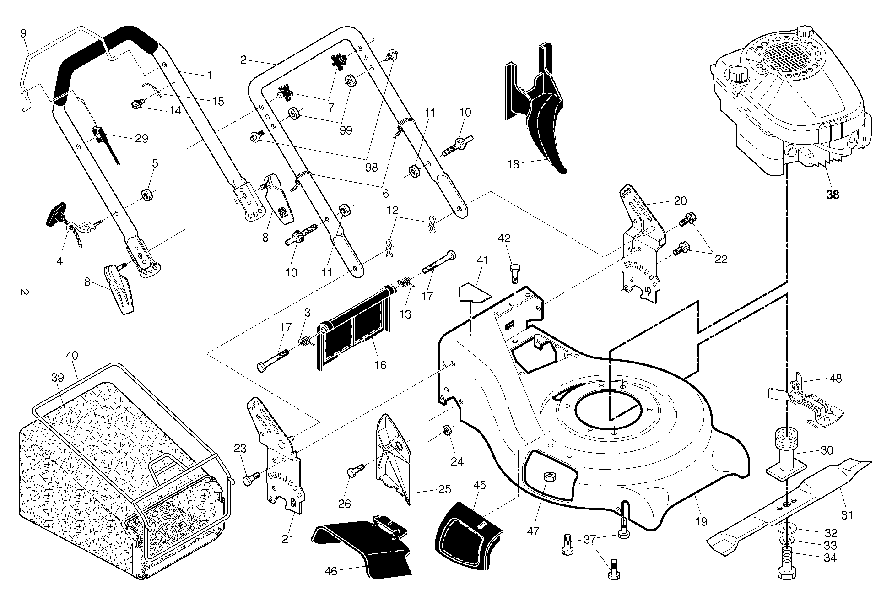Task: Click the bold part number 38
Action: (833, 195)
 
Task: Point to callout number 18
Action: (514, 164)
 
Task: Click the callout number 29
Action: (141, 138)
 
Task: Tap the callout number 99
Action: (346, 130)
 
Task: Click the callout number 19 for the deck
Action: (702, 521)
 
